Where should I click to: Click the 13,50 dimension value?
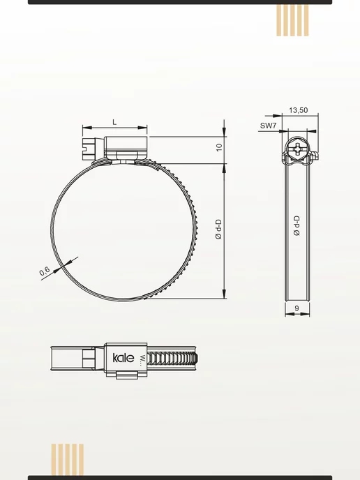[298, 110]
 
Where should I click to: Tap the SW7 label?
[268, 126]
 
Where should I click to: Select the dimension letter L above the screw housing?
[114, 123]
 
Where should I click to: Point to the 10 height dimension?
[219, 147]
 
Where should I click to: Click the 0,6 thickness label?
[45, 271]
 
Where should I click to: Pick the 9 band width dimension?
[297, 308]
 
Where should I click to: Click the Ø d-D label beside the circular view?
[218, 229]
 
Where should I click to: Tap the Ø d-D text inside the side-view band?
[297, 225]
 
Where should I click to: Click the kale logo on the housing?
[123, 357]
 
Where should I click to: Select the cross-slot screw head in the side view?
[298, 150]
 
